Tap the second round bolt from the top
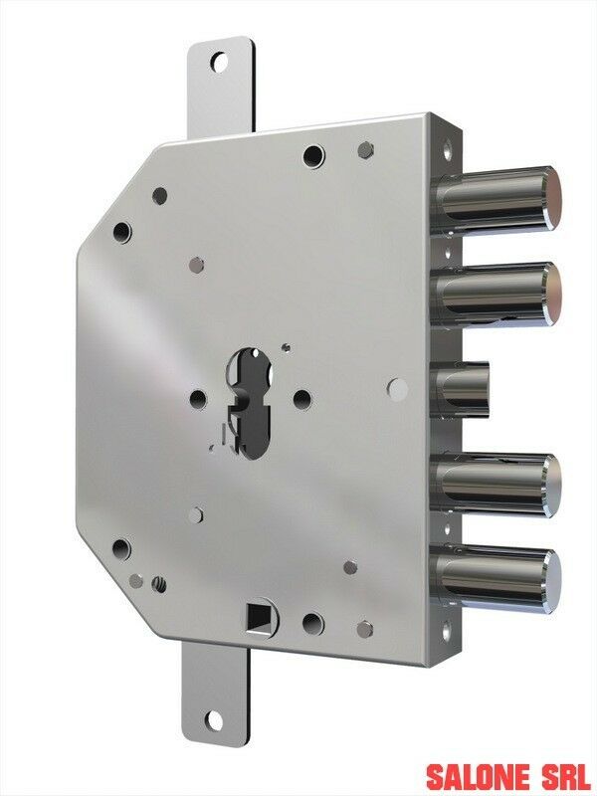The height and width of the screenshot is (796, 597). coord(497,294)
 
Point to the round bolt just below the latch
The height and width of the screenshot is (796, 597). coord(497,485)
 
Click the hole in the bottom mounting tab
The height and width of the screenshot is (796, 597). coord(213,719)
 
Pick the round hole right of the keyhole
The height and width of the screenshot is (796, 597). coord(301,398)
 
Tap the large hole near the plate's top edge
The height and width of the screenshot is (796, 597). coord(313,155)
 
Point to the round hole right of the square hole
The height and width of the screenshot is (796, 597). coord(312,624)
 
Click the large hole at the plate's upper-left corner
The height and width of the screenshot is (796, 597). coord(122,233)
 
